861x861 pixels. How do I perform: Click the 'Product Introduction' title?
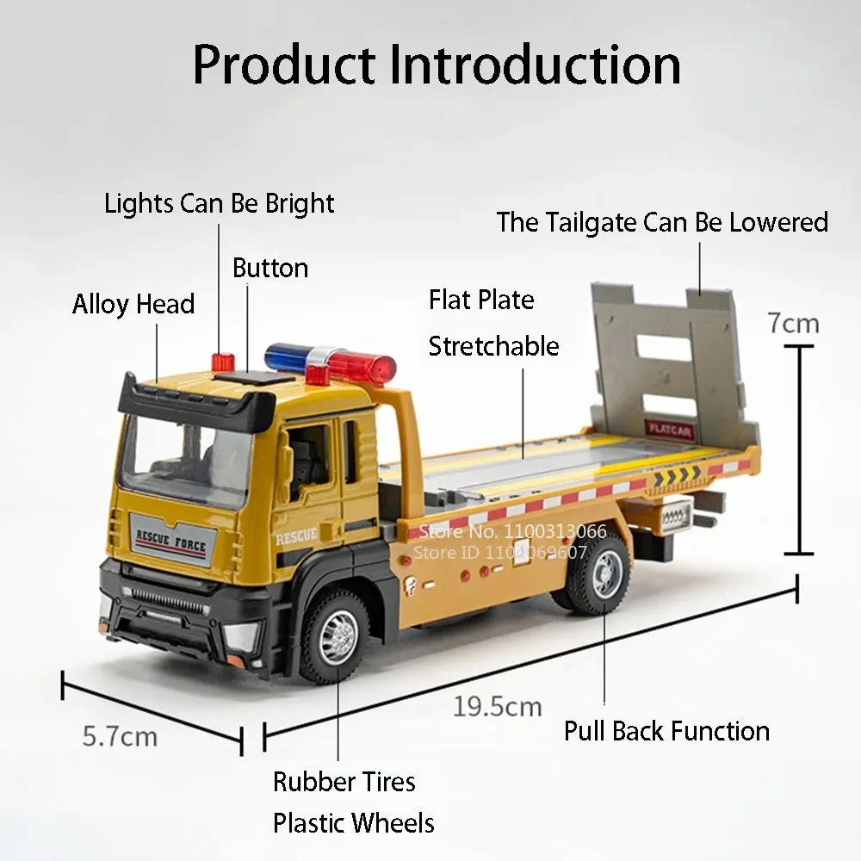[437, 65]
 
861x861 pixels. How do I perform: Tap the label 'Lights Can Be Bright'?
[219, 204]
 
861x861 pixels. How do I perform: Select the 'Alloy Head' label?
[133, 304]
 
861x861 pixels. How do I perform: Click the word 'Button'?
[269, 268]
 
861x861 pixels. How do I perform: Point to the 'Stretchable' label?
[493, 346]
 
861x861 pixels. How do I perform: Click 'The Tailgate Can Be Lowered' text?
[661, 222]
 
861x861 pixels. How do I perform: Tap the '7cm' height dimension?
[793, 324]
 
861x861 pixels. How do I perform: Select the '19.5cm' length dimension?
[498, 707]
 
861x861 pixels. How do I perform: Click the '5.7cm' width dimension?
[120, 736]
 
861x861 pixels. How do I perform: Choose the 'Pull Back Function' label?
[666, 731]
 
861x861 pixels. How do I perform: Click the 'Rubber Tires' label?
[344, 782]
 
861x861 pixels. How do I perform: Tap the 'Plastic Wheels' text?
[353, 822]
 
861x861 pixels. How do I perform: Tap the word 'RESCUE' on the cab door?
[296, 536]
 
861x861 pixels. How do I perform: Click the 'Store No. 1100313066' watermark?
[511, 531]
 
